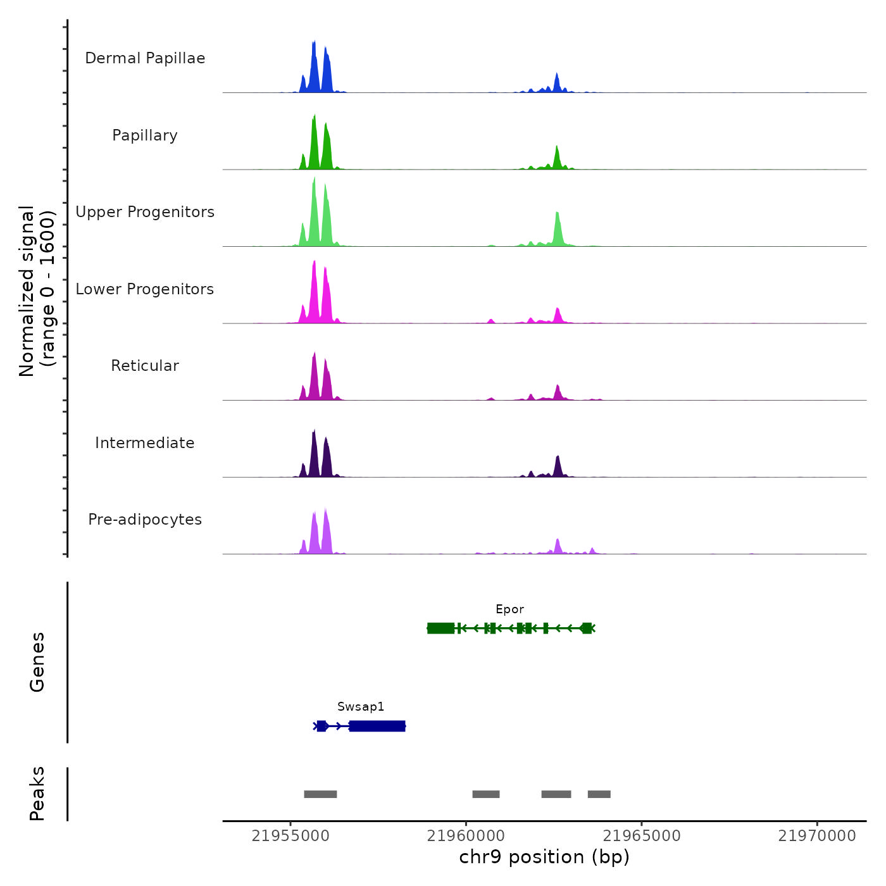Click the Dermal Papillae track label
tap(145, 58)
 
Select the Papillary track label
tap(145, 135)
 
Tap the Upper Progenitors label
tap(145, 212)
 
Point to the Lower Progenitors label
tap(145, 289)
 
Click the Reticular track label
tap(145, 366)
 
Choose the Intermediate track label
tap(145, 443)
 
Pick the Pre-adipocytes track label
tap(145, 520)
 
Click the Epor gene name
tap(509, 609)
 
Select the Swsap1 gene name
tap(361, 707)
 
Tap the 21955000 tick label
tap(290, 836)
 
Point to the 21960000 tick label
tap(466, 836)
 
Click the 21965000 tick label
tap(642, 836)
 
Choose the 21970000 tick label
tap(817, 836)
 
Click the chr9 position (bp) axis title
tap(544, 858)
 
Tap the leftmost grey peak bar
tap(320, 794)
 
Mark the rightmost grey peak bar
tap(599, 794)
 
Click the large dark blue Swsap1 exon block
tap(377, 726)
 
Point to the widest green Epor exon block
tap(440, 628)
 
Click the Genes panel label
tap(37, 662)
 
